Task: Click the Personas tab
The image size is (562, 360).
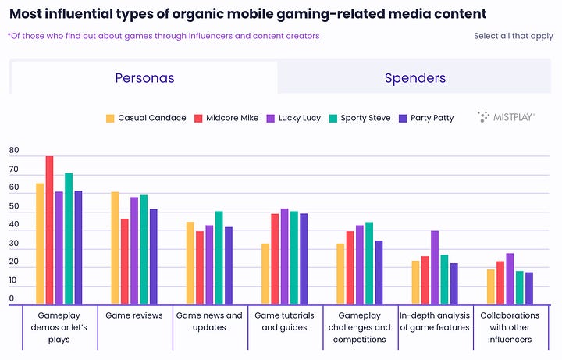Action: (144, 78)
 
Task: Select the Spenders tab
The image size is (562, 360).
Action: (414, 78)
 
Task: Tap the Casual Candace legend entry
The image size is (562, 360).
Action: (146, 118)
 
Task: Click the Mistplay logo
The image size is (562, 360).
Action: (506, 118)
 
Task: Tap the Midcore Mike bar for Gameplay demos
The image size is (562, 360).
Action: (49, 230)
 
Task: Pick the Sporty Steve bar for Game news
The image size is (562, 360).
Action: (219, 258)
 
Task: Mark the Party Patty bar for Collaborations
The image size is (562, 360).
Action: (528, 288)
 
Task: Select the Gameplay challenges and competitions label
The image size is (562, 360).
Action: (360, 327)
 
